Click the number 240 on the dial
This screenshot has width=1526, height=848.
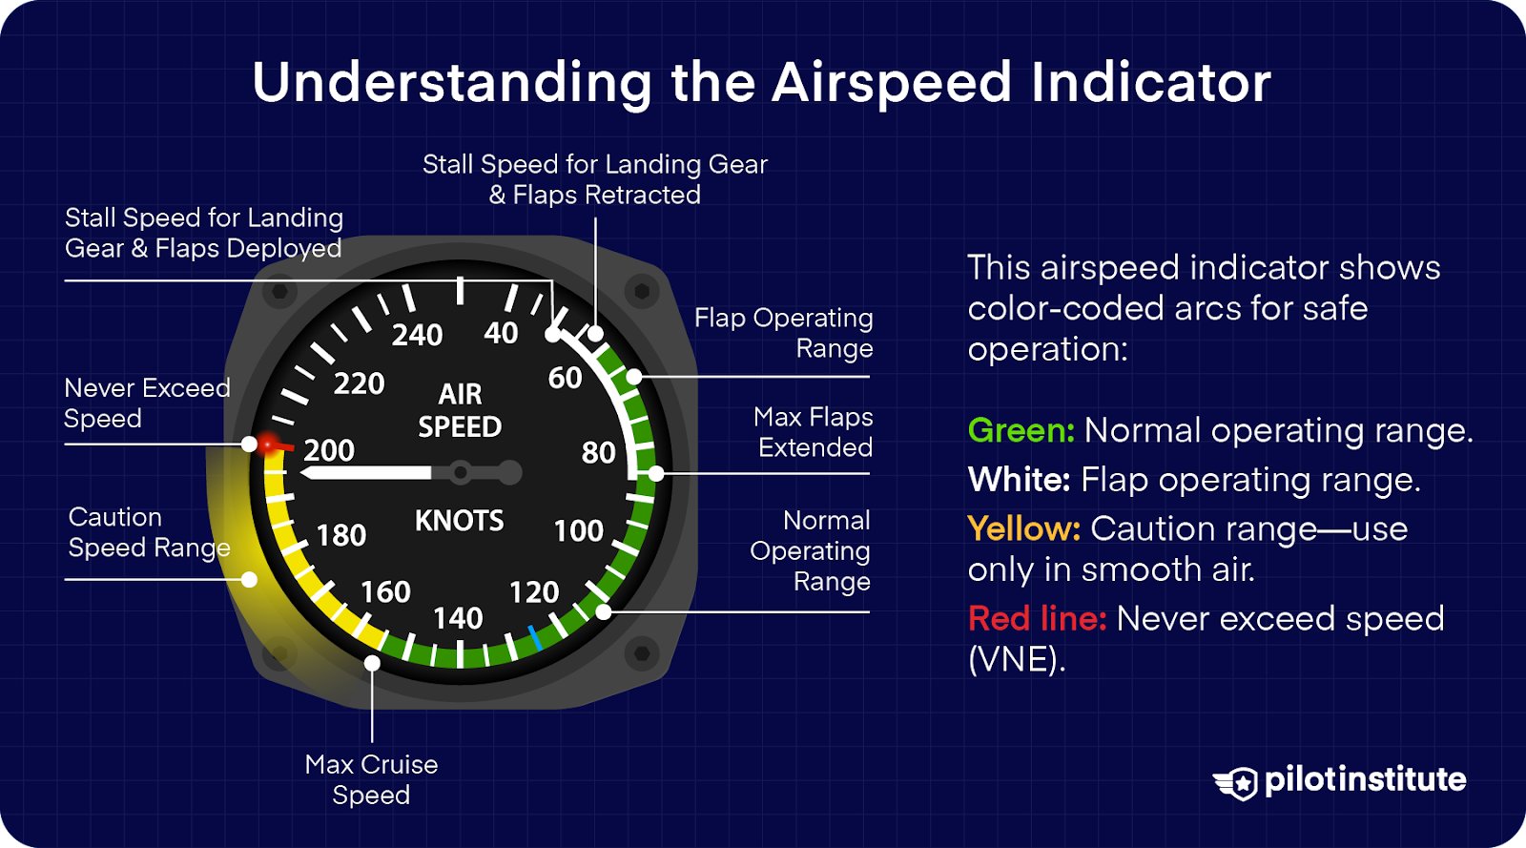(x=417, y=335)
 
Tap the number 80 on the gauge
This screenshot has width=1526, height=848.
(x=598, y=452)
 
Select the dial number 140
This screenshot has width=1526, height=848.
(x=458, y=618)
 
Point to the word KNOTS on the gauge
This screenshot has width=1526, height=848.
(x=459, y=521)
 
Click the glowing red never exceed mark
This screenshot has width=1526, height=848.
(x=270, y=444)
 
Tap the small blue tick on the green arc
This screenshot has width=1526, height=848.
(x=535, y=638)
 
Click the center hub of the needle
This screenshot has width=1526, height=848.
(x=461, y=472)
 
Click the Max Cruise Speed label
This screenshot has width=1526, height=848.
(x=371, y=779)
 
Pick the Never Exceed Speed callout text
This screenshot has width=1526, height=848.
(x=147, y=403)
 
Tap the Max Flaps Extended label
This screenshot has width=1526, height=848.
(x=814, y=432)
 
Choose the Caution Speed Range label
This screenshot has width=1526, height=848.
(x=149, y=532)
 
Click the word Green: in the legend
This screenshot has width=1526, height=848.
(x=1021, y=431)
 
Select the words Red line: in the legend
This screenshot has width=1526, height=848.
(x=1037, y=619)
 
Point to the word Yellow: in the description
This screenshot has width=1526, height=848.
(x=1023, y=528)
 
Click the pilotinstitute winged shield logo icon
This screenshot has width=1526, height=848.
(x=1237, y=783)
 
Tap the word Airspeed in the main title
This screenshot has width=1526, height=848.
(x=892, y=83)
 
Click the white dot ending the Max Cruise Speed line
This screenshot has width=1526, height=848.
(x=372, y=663)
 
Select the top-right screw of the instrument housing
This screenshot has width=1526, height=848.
(x=642, y=290)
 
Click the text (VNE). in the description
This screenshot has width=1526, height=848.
(x=1017, y=659)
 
